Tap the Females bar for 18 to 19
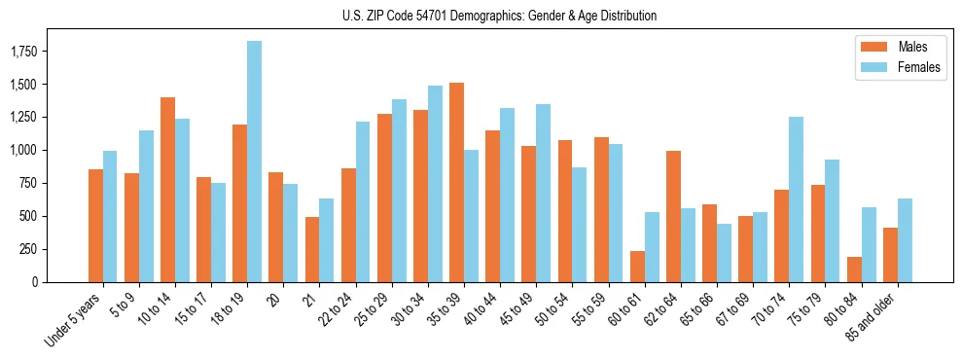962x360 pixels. point(254,162)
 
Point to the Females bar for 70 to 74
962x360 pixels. point(796,199)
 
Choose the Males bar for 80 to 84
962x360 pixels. point(854,270)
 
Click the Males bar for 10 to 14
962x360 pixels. point(167,190)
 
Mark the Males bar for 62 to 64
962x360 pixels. point(673,216)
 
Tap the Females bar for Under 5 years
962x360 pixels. point(110,216)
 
